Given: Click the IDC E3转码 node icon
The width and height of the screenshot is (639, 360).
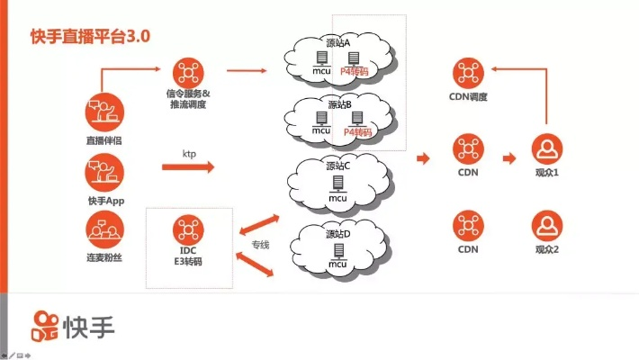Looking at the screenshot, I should pos(188,226).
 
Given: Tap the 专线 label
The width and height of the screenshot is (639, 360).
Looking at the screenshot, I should pos(262,244).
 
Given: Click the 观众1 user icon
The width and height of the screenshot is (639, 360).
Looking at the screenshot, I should pos(547,146).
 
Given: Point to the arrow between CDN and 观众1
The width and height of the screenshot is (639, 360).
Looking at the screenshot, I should pos(508,158).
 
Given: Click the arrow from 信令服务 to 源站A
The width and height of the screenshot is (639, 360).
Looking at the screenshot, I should pos(247,69).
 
